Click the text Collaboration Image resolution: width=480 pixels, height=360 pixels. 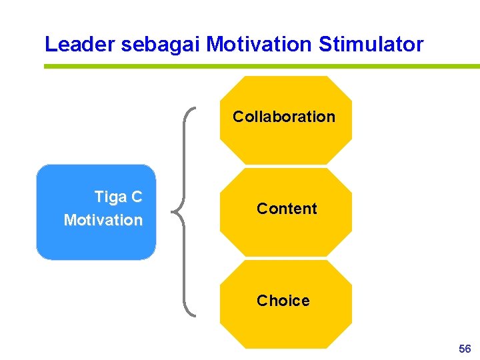(284, 117)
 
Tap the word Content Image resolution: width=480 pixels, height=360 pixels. (287, 209)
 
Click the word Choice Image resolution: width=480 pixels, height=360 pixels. (283, 301)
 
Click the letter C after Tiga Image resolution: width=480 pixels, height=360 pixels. (137, 197)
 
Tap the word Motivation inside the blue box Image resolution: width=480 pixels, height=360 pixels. (103, 220)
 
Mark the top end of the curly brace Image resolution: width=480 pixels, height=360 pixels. (194, 107)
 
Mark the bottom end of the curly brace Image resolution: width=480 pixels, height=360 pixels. (194, 314)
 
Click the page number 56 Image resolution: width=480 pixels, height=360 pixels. (465, 349)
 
